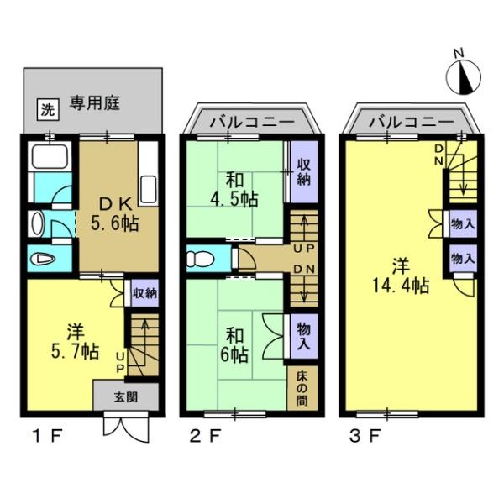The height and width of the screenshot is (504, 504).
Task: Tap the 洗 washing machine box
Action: coord(48,108)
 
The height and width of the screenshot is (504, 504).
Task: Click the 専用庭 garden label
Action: coord(95,104)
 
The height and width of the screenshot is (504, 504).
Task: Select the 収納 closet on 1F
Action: coord(144,293)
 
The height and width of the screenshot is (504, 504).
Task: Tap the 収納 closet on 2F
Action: coord(303,171)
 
